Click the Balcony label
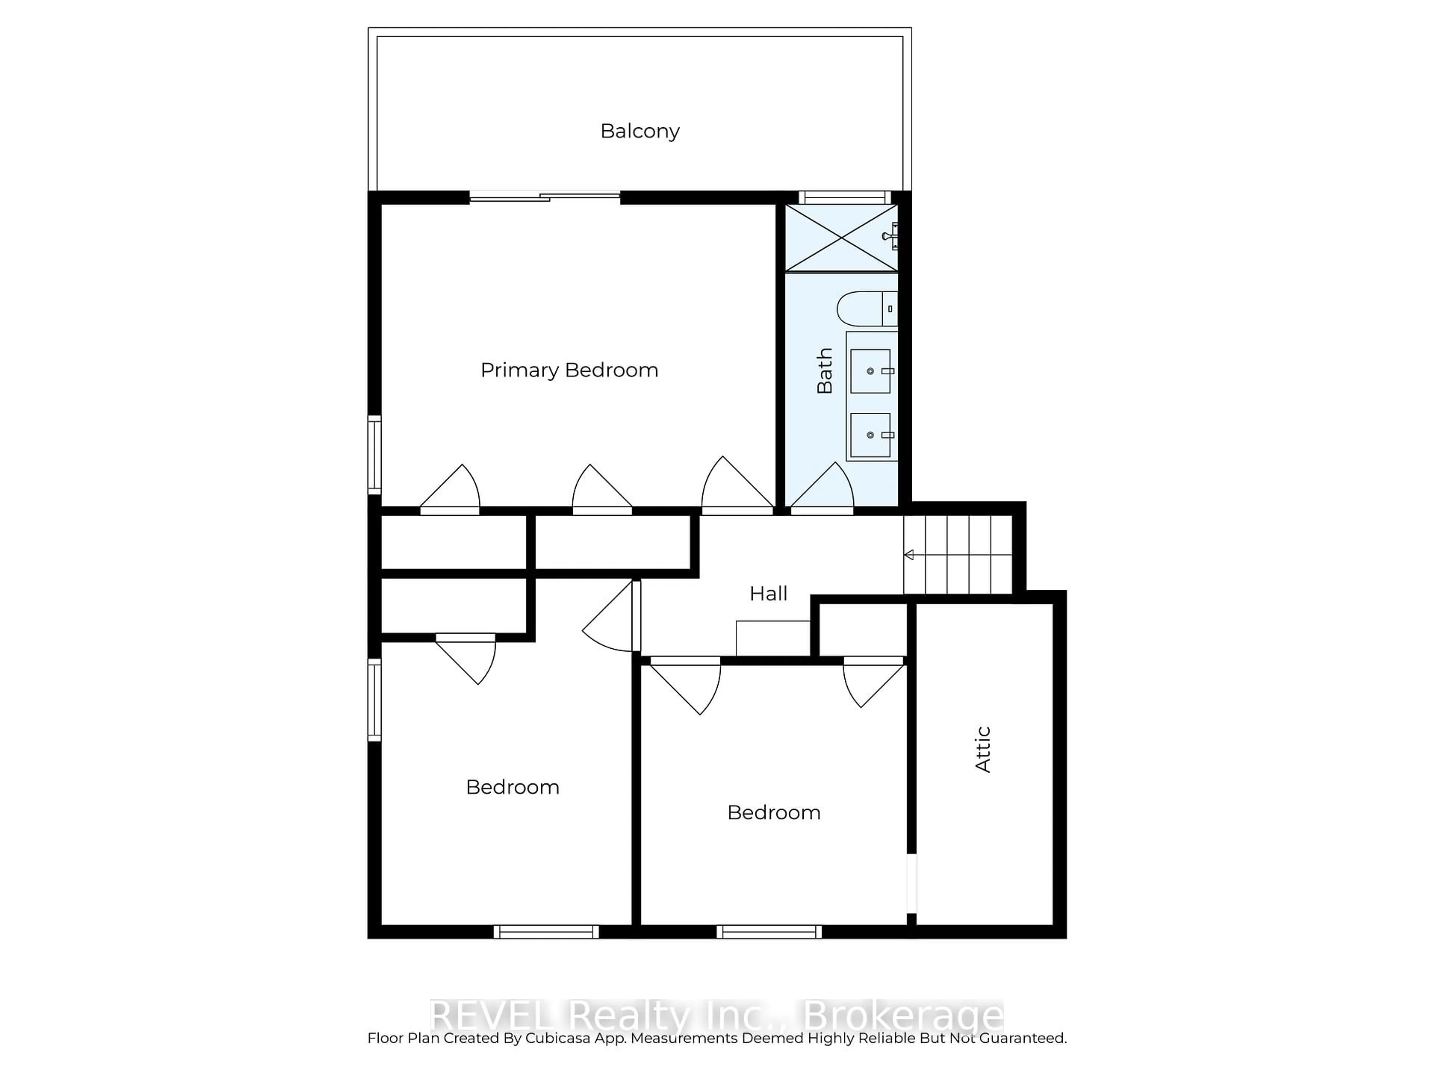pyautogui.click(x=639, y=131)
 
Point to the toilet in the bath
pyautogui.click(x=866, y=309)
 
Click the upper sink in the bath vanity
pyautogui.click(x=870, y=371)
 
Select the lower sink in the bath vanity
pyautogui.click(x=870, y=435)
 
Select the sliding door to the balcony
pyautogui.click(x=544, y=196)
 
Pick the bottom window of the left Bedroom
pyautogui.click(x=546, y=932)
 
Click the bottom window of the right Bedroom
pyautogui.click(x=769, y=932)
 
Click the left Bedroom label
pyautogui.click(x=512, y=787)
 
